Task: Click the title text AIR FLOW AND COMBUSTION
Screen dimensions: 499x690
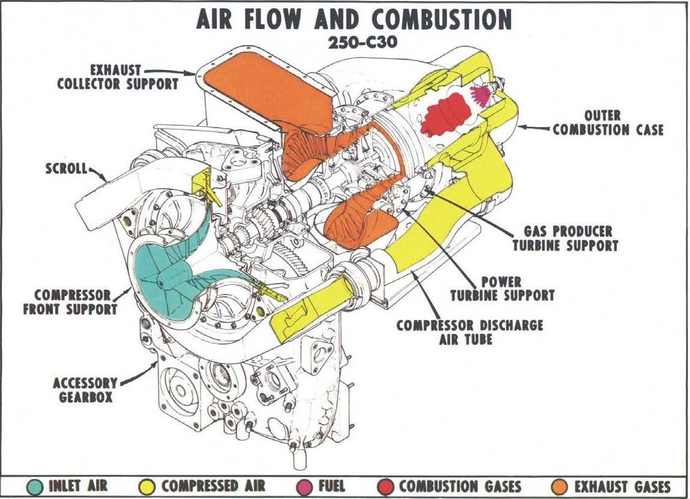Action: [354, 20]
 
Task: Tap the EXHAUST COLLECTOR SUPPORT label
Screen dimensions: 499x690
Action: [117, 77]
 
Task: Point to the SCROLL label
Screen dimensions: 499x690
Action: [66, 168]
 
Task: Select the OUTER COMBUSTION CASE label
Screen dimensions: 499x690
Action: [608, 122]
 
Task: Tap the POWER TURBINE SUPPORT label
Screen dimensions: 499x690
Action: [502, 289]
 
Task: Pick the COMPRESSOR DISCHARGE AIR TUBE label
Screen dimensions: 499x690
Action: [469, 332]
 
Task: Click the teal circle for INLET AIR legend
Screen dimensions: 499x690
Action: [36, 486]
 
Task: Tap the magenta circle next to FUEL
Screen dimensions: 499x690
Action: [307, 486]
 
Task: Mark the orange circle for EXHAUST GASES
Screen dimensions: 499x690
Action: [561, 486]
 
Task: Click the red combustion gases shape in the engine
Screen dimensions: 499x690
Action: [448, 115]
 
